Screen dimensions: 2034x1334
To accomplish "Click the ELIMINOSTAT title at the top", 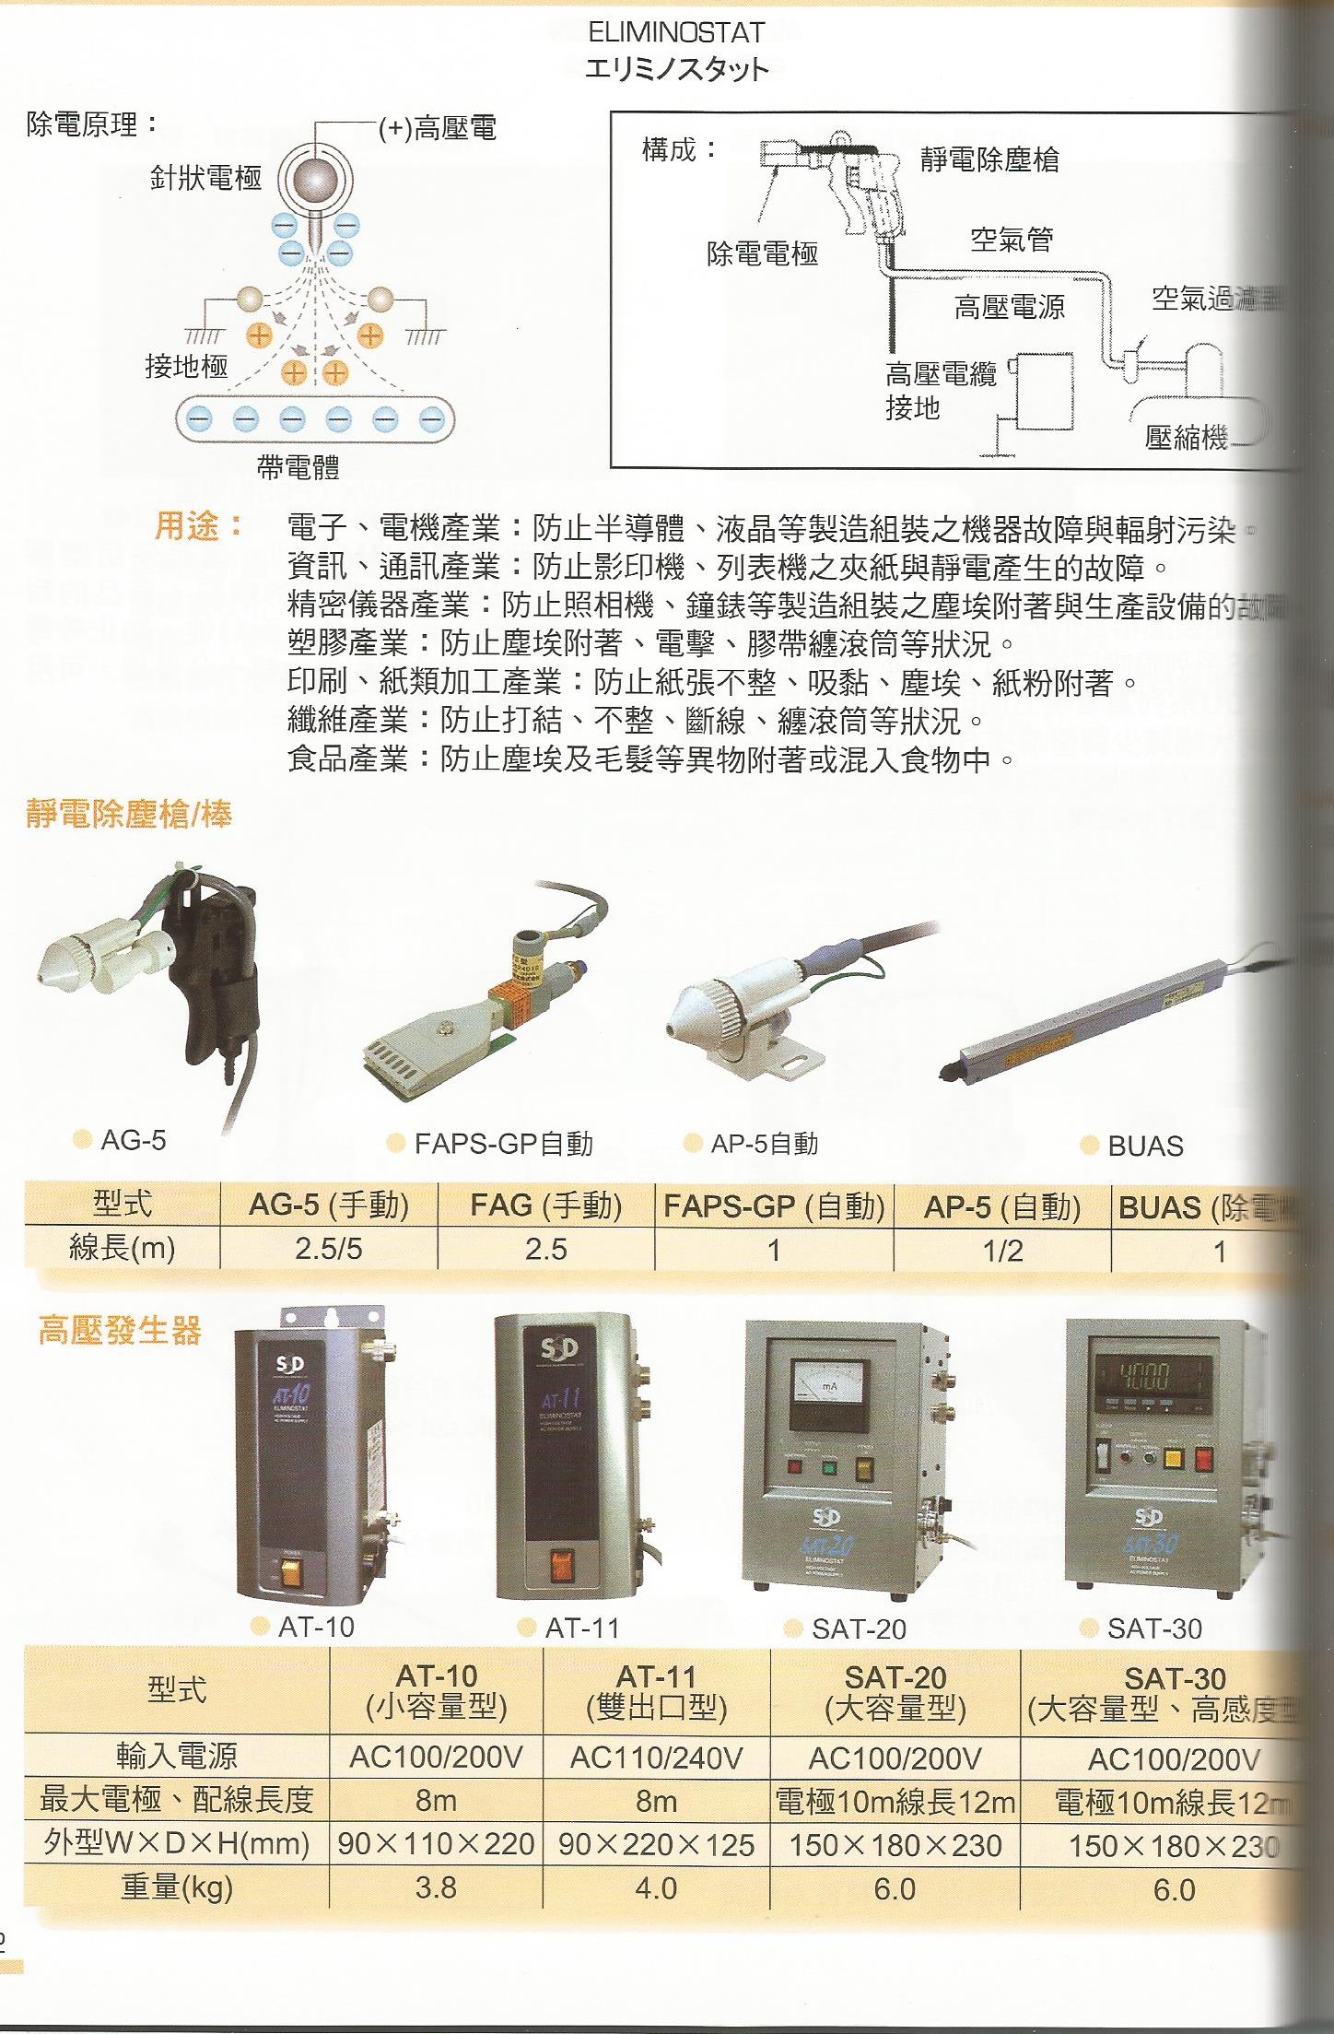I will (676, 33).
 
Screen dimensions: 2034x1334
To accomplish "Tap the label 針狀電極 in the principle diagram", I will (205, 178).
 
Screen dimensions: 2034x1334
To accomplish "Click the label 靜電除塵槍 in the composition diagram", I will (989, 159).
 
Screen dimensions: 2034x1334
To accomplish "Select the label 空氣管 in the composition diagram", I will (1011, 241).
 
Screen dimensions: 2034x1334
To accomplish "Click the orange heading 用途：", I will (198, 527).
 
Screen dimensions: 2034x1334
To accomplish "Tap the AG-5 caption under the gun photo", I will (133, 1140).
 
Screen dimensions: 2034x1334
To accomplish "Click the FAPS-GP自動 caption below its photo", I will (502, 1145).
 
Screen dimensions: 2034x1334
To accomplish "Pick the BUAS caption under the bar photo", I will (1145, 1146).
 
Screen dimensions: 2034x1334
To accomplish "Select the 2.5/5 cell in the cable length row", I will (329, 1250).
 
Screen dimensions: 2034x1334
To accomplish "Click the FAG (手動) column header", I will (545, 1205).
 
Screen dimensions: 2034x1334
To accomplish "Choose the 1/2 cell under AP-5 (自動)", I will (1001, 1251).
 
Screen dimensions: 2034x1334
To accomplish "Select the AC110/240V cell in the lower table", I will (656, 1758).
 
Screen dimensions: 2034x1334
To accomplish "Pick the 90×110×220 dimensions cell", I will (436, 1845).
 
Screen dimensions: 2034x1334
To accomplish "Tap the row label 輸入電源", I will (176, 1758).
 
